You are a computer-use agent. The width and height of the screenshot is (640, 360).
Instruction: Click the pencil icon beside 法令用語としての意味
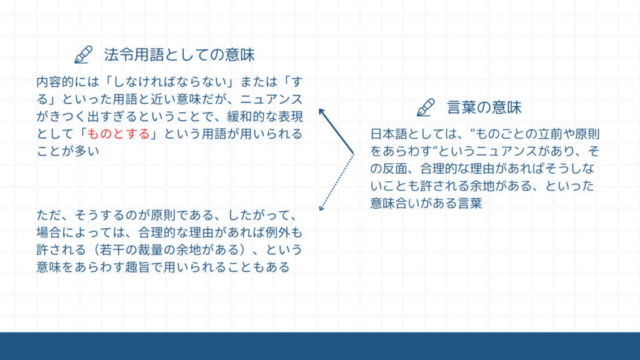tap(83, 55)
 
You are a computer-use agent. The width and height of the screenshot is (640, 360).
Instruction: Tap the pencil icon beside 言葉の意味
tap(426, 107)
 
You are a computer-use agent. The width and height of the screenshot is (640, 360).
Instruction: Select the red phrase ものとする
tap(119, 134)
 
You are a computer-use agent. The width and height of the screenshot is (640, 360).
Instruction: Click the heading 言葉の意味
tap(484, 107)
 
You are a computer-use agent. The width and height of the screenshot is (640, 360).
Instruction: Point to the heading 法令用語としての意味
tap(179, 55)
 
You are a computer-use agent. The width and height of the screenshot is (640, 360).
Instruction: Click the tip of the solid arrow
tap(319, 109)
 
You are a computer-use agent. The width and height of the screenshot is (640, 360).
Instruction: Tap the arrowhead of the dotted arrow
tap(321, 209)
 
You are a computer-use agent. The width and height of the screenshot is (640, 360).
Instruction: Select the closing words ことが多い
tap(67, 151)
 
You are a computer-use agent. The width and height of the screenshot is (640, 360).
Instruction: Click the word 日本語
tap(389, 134)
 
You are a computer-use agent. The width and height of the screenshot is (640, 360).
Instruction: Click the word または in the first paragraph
tap(259, 82)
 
